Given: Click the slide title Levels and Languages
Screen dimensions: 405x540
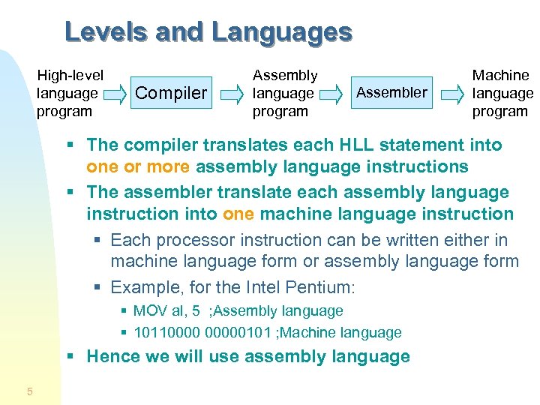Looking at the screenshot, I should [x=208, y=32].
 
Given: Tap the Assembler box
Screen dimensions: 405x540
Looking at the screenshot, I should [x=391, y=93].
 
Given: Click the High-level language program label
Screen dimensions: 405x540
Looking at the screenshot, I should [x=70, y=93].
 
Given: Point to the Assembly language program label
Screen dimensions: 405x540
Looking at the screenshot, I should [x=284, y=93].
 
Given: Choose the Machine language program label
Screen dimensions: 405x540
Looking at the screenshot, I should [x=501, y=93].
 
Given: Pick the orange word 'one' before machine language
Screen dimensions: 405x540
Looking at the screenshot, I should [x=239, y=214].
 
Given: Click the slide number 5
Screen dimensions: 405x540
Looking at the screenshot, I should [x=29, y=391].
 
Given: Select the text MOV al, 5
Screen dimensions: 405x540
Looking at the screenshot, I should [x=163, y=310].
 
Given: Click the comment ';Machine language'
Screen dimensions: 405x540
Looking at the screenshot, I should [x=343, y=332].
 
